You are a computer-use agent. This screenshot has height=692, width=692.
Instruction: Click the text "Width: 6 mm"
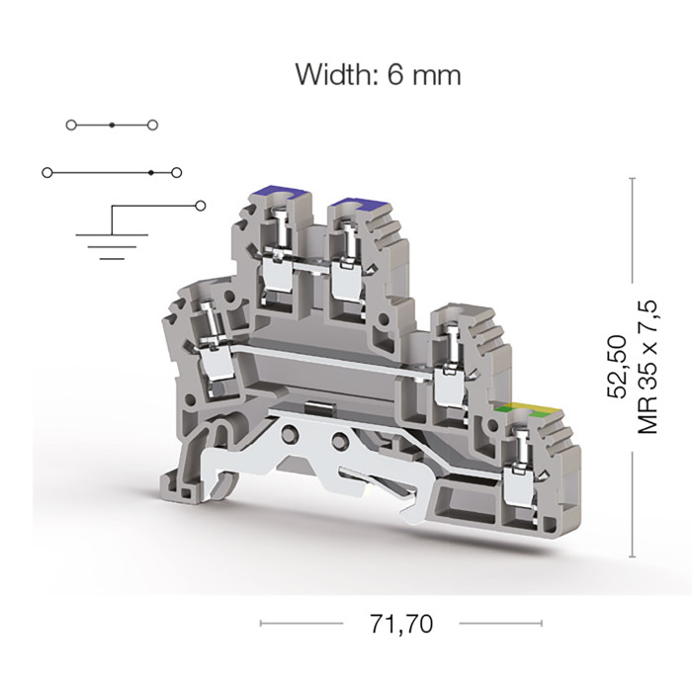(x=379, y=74)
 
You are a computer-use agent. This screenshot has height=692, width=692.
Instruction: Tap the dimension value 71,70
(x=401, y=624)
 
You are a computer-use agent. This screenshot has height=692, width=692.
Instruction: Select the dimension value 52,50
(x=618, y=367)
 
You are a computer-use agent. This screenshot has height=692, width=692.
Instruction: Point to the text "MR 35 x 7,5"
(x=648, y=367)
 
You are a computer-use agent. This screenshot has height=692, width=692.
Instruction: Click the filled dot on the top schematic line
(x=112, y=126)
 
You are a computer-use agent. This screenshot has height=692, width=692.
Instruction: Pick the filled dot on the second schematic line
(x=151, y=173)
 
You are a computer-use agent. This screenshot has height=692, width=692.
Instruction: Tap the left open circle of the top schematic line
(x=71, y=126)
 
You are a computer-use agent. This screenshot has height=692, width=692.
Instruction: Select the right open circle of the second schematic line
(x=177, y=173)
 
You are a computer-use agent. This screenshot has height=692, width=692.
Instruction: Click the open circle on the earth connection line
(x=201, y=206)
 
